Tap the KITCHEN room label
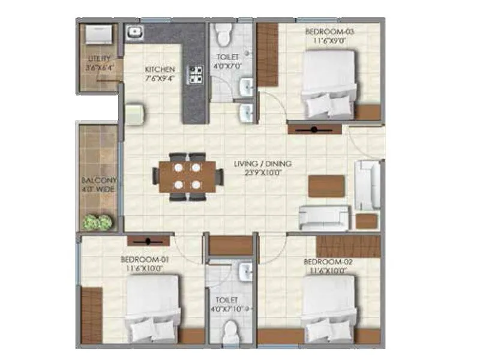pos(160,70)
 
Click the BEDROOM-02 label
pos(326,262)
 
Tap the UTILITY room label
pos(100,59)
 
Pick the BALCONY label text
pos(100,180)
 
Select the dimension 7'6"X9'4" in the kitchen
pos(160,78)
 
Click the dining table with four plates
pos(186,176)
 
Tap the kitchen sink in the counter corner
pos(134,31)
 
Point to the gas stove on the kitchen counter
pos(195,73)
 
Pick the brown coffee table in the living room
pos(326,185)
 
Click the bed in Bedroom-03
pos(329,84)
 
